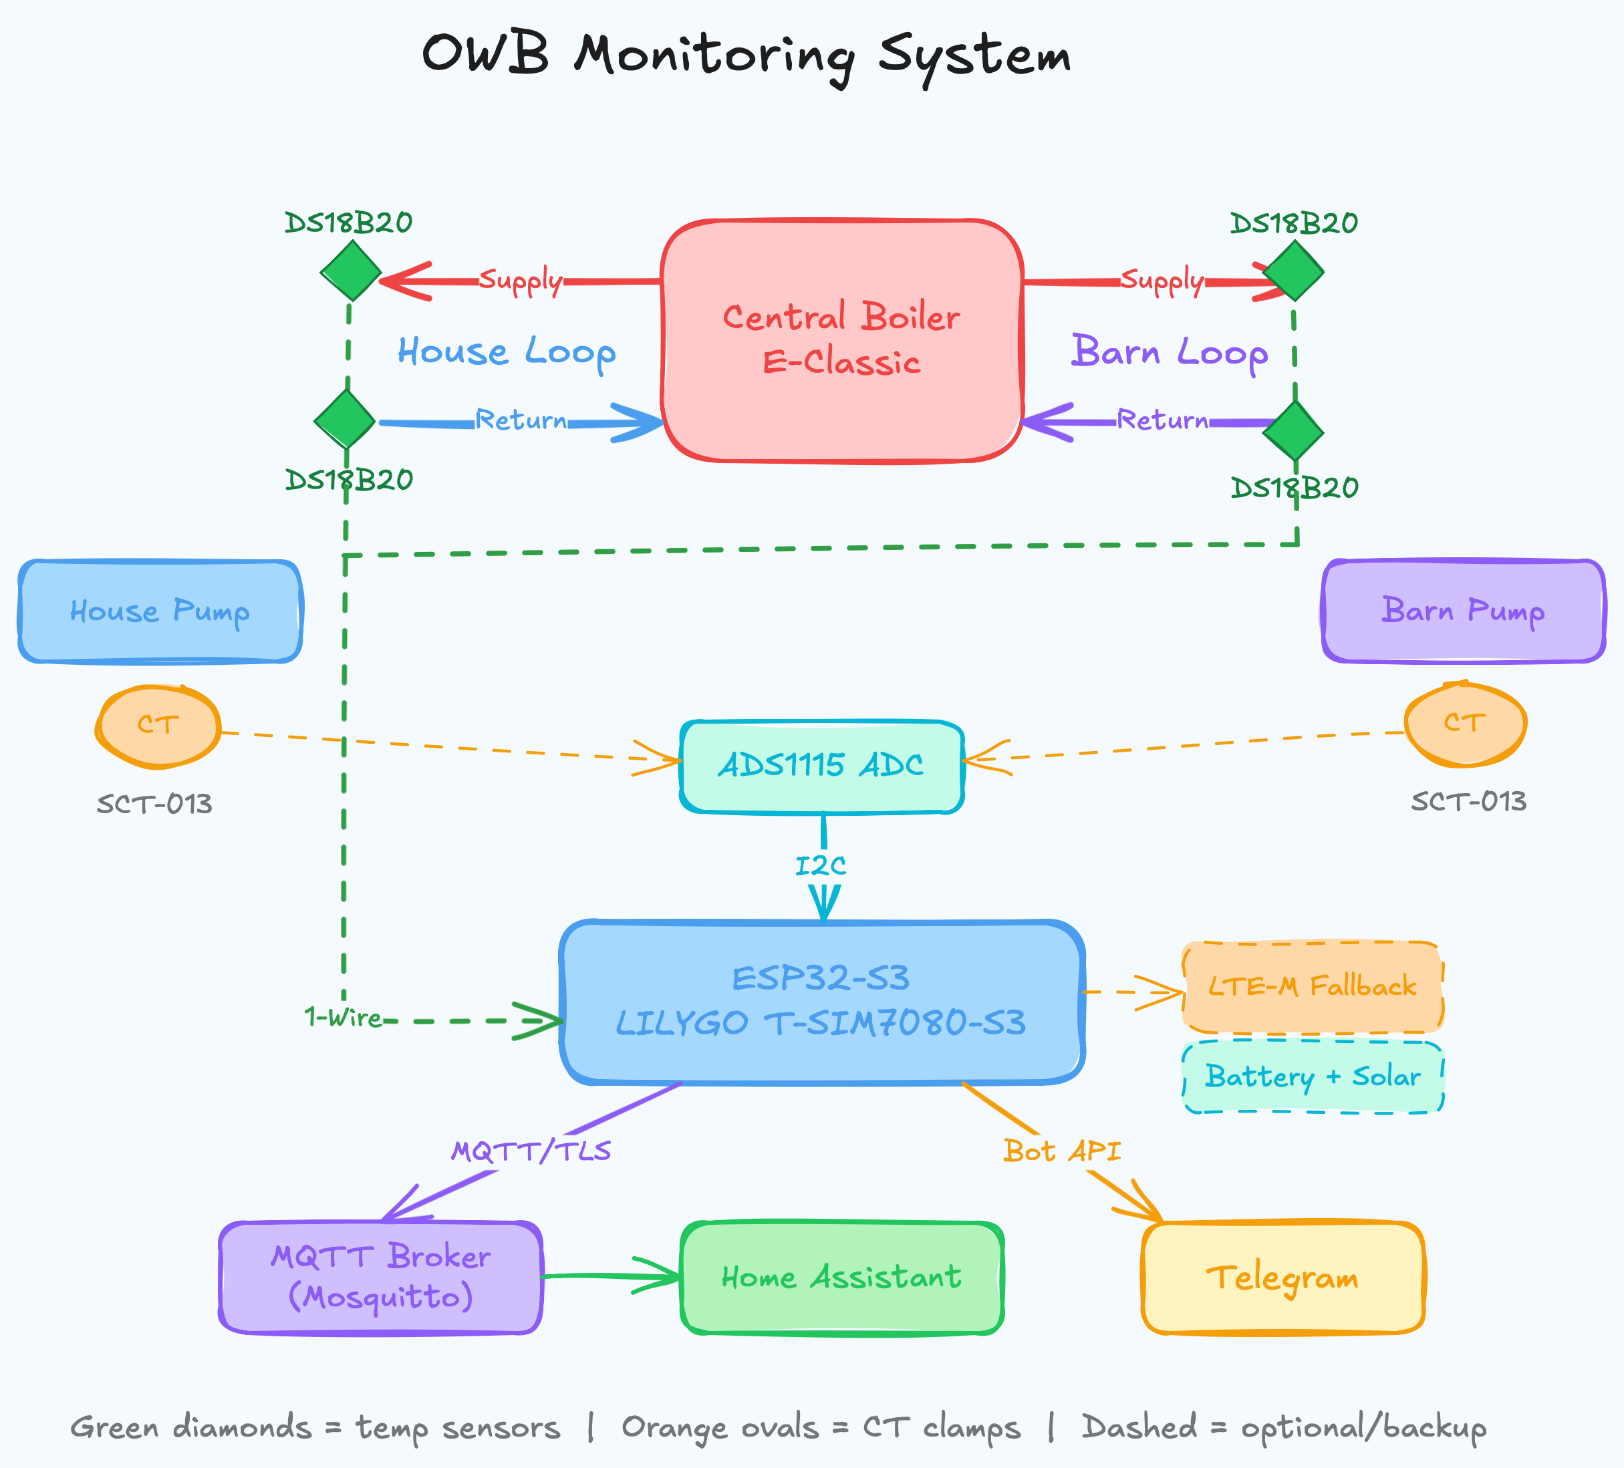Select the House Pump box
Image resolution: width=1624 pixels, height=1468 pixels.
click(x=160, y=611)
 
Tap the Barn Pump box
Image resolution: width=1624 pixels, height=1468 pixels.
click(x=1463, y=611)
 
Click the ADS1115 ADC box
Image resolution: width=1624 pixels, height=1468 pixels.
click(x=821, y=766)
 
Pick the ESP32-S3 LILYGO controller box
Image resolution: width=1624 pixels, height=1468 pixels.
click(x=821, y=1001)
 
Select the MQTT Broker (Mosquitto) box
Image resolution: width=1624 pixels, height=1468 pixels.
click(x=380, y=1277)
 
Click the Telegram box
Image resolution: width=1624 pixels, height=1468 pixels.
click(x=1282, y=1277)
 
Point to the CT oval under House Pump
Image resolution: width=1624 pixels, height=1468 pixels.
click(x=158, y=726)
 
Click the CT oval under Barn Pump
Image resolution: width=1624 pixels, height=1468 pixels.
click(x=1464, y=724)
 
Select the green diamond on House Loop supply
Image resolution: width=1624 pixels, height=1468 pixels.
click(x=350, y=271)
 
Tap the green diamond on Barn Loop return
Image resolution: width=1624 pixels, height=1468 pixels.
click(x=1293, y=431)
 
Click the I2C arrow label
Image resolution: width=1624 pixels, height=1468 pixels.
click(x=820, y=867)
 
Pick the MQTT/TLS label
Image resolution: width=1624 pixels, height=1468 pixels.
click(x=531, y=1151)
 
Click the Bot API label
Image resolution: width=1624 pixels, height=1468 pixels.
click(x=1062, y=1151)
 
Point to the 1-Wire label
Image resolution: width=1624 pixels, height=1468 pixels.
click(x=343, y=1018)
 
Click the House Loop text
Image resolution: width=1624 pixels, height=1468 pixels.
click(x=506, y=353)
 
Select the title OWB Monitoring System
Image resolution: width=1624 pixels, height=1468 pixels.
click(x=746, y=56)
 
